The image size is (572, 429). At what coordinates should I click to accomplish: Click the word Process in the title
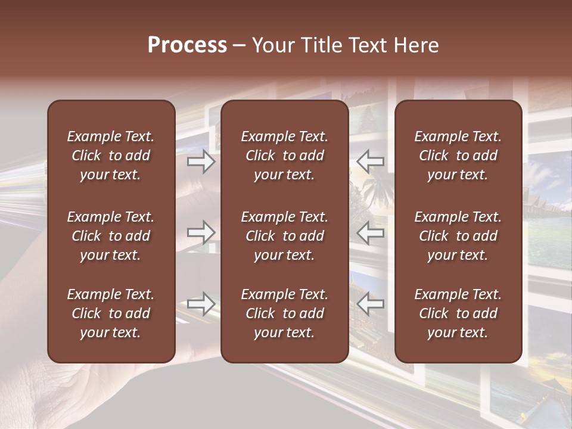[187, 45]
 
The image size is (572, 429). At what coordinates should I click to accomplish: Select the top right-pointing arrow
[201, 161]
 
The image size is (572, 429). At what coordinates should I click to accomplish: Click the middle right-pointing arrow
[201, 232]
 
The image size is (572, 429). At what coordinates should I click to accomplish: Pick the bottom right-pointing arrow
[201, 303]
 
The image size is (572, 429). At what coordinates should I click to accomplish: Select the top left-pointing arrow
[371, 161]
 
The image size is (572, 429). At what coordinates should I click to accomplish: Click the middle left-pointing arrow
[371, 232]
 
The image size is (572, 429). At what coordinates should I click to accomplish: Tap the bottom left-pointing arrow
[371, 303]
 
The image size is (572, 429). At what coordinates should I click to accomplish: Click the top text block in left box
[111, 156]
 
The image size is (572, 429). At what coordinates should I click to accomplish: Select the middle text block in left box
[111, 236]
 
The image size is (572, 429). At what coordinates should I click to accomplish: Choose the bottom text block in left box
[111, 313]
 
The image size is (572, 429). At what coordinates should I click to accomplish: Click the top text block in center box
[284, 156]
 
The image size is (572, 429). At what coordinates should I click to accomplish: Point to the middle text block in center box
[284, 236]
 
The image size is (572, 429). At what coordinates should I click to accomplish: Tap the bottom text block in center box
[284, 313]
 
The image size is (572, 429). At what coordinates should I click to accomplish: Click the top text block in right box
[458, 156]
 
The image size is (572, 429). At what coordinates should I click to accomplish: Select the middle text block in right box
[458, 236]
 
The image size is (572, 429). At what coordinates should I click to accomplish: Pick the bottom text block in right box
[458, 313]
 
